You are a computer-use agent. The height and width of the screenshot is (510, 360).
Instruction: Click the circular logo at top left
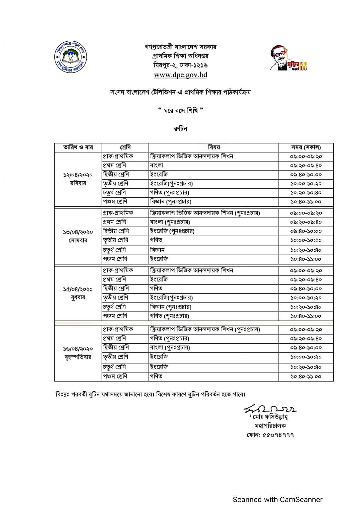click(71, 57)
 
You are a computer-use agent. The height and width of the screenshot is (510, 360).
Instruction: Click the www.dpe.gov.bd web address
click(181, 75)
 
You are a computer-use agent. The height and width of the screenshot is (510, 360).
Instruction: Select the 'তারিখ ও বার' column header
click(78, 147)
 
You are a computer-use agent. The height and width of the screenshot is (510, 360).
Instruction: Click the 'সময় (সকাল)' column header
click(306, 147)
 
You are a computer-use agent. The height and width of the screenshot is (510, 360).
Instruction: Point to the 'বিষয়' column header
click(214, 147)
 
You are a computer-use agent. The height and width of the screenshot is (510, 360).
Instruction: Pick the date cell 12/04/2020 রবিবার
click(78, 179)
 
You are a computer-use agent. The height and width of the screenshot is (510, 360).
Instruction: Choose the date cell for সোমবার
click(78, 236)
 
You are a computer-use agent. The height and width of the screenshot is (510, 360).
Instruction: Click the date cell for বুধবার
click(78, 293)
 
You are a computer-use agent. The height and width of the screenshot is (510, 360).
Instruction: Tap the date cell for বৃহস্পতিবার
click(78, 353)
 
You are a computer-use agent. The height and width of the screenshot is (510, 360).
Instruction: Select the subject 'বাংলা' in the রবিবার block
click(157, 165)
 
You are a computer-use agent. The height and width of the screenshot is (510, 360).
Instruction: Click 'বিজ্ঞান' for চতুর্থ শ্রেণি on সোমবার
click(157, 250)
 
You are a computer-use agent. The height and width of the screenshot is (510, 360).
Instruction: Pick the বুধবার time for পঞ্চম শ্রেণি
click(306, 316)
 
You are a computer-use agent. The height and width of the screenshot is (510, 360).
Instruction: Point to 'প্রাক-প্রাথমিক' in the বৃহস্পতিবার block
click(118, 329)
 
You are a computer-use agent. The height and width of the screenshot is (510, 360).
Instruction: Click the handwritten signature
click(270, 410)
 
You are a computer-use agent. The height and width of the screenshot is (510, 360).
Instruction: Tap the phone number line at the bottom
click(270, 435)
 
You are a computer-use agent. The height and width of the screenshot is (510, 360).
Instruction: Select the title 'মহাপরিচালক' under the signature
click(270, 426)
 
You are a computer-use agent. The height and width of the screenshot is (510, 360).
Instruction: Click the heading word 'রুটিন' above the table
click(180, 128)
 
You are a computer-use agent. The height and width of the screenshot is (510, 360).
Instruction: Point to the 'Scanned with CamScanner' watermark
click(278, 499)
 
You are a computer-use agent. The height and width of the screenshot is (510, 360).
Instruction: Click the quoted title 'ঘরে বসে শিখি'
click(180, 110)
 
